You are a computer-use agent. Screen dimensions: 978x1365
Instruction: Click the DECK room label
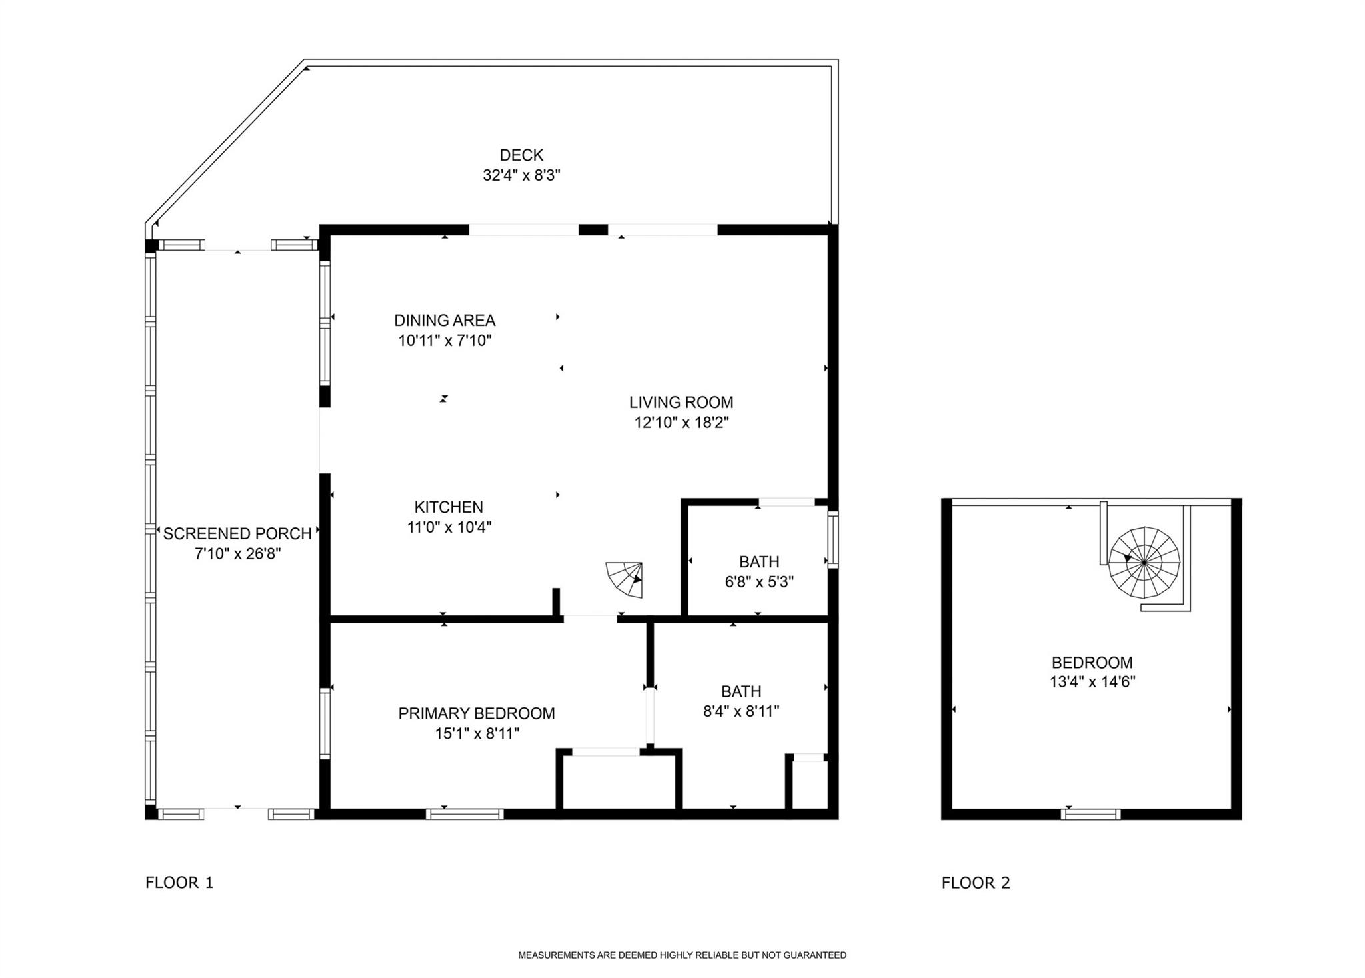(x=521, y=155)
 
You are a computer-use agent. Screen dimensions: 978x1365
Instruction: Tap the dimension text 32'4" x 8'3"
(x=521, y=175)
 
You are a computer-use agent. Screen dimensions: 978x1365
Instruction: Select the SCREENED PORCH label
(x=237, y=533)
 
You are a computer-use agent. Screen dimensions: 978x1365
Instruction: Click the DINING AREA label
(x=445, y=320)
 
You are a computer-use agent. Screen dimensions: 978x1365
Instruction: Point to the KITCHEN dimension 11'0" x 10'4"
(x=449, y=527)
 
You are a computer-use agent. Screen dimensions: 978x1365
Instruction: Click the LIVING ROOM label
(x=681, y=402)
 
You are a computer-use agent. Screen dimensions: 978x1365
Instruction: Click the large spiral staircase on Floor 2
(x=1144, y=563)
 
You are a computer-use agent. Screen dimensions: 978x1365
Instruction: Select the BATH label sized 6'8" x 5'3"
(x=759, y=561)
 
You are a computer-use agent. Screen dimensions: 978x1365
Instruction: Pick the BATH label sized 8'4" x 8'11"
(x=741, y=691)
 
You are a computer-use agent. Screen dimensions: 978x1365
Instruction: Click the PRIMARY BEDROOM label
(x=477, y=713)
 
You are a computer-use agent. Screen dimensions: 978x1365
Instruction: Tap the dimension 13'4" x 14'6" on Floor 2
(x=1092, y=682)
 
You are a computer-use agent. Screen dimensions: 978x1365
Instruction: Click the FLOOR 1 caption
(x=179, y=883)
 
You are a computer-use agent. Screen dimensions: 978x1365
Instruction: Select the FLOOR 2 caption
(x=976, y=883)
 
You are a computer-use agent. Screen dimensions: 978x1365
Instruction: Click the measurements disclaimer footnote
(x=682, y=955)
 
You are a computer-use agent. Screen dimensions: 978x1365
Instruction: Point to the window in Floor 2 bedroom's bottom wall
(x=1090, y=814)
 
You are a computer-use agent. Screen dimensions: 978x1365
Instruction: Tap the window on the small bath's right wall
(x=833, y=539)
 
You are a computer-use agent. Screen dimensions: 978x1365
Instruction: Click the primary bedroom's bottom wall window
(x=465, y=813)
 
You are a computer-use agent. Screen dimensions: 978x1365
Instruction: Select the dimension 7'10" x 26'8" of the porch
(x=237, y=554)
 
